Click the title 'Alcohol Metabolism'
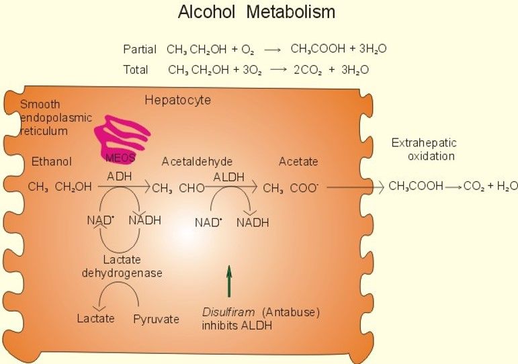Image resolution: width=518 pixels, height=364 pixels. point(256,13)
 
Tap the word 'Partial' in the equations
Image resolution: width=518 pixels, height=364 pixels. point(140,49)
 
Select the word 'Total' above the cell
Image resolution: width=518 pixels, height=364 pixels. point(136,69)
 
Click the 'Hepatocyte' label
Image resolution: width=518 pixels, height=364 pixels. point(177,101)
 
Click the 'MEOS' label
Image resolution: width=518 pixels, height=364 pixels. point(121,158)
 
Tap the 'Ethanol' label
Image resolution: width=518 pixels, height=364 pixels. point(51,162)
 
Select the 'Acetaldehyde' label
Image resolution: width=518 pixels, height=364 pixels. point(197,162)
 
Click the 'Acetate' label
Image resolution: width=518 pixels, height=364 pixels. point(298,162)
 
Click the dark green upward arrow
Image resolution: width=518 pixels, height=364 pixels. point(228,281)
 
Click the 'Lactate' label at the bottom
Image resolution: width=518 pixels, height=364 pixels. point(95,318)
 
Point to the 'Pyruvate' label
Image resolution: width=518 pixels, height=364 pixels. point(156,318)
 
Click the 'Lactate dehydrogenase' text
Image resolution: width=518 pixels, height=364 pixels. point(122,267)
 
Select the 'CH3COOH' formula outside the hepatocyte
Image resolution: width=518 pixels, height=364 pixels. point(416,187)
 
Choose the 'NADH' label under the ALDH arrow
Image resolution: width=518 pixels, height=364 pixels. point(252,222)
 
